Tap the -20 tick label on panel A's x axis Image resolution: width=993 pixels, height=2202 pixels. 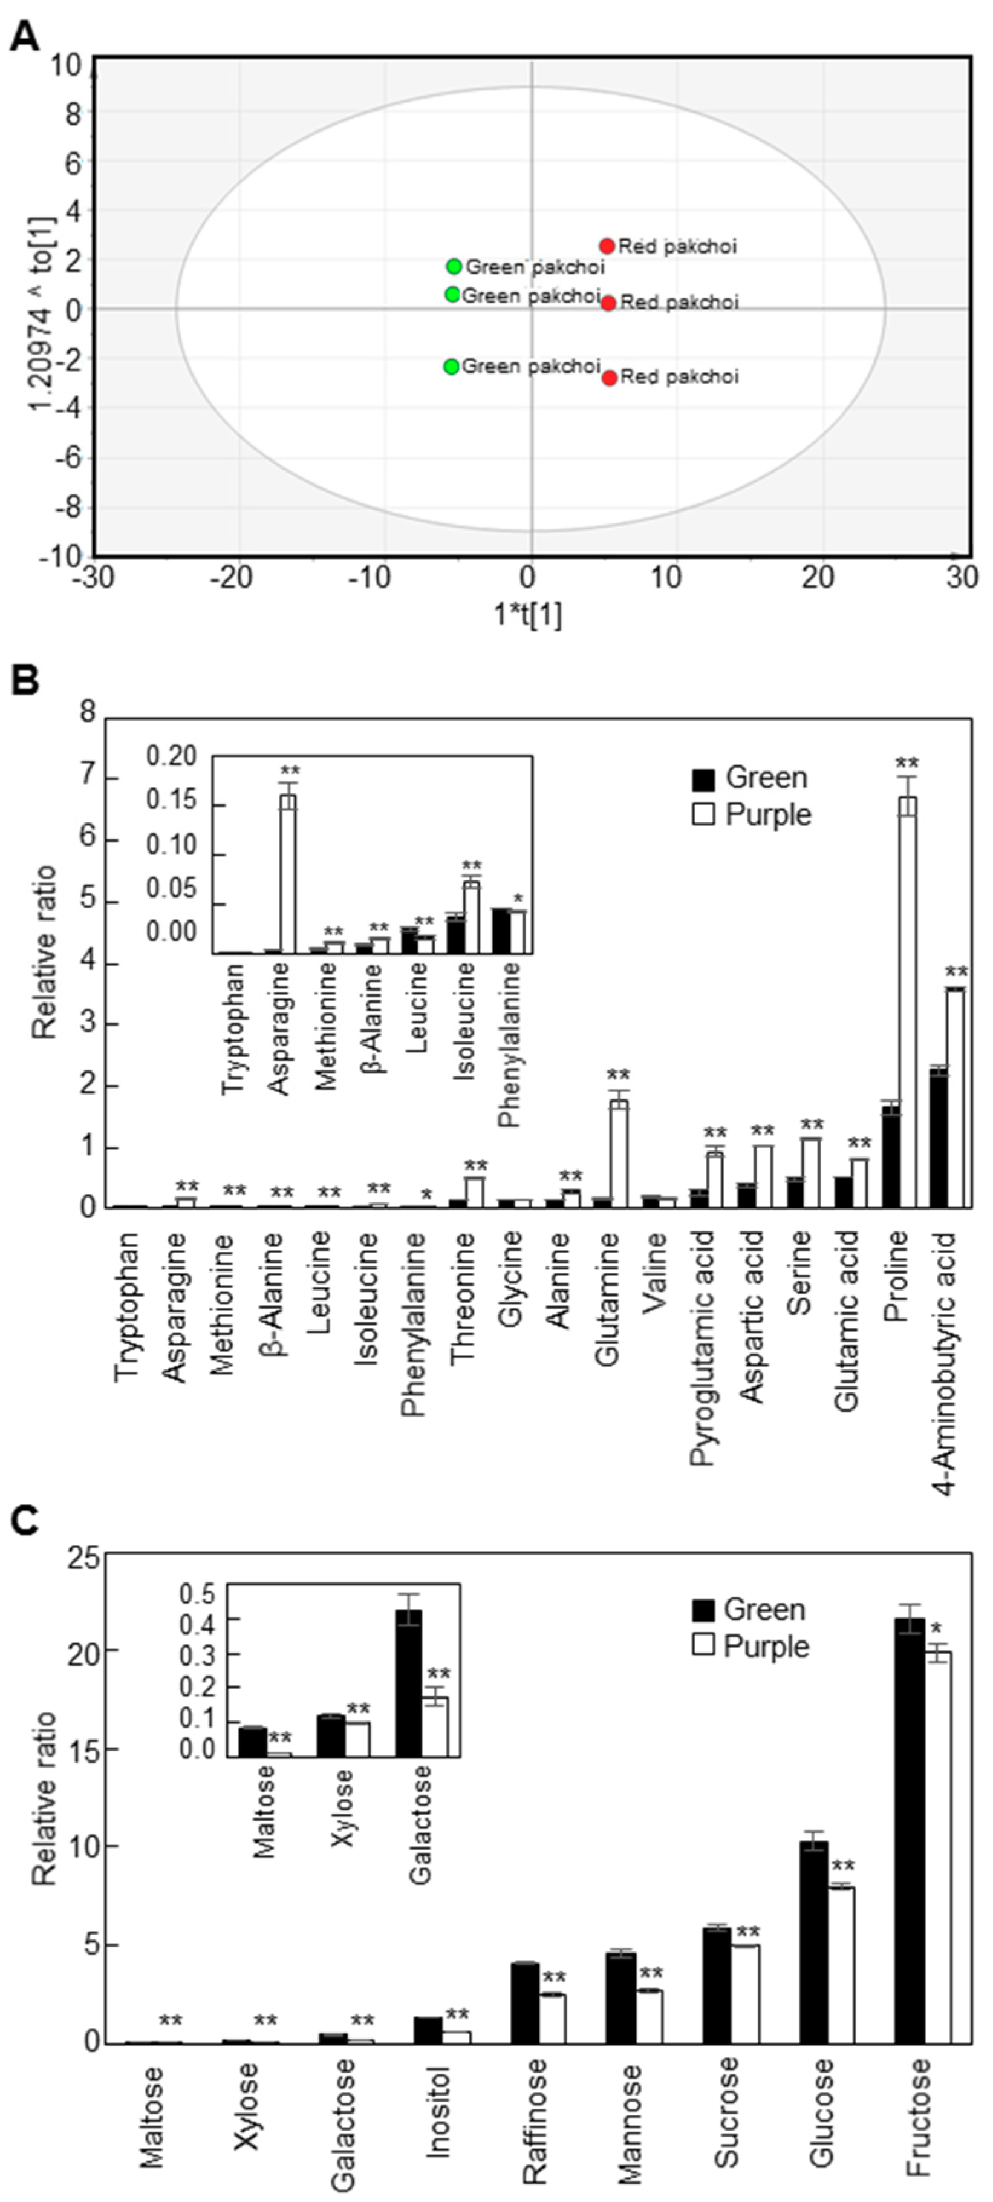tap(232, 578)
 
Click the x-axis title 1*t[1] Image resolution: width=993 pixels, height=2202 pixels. tap(528, 615)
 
